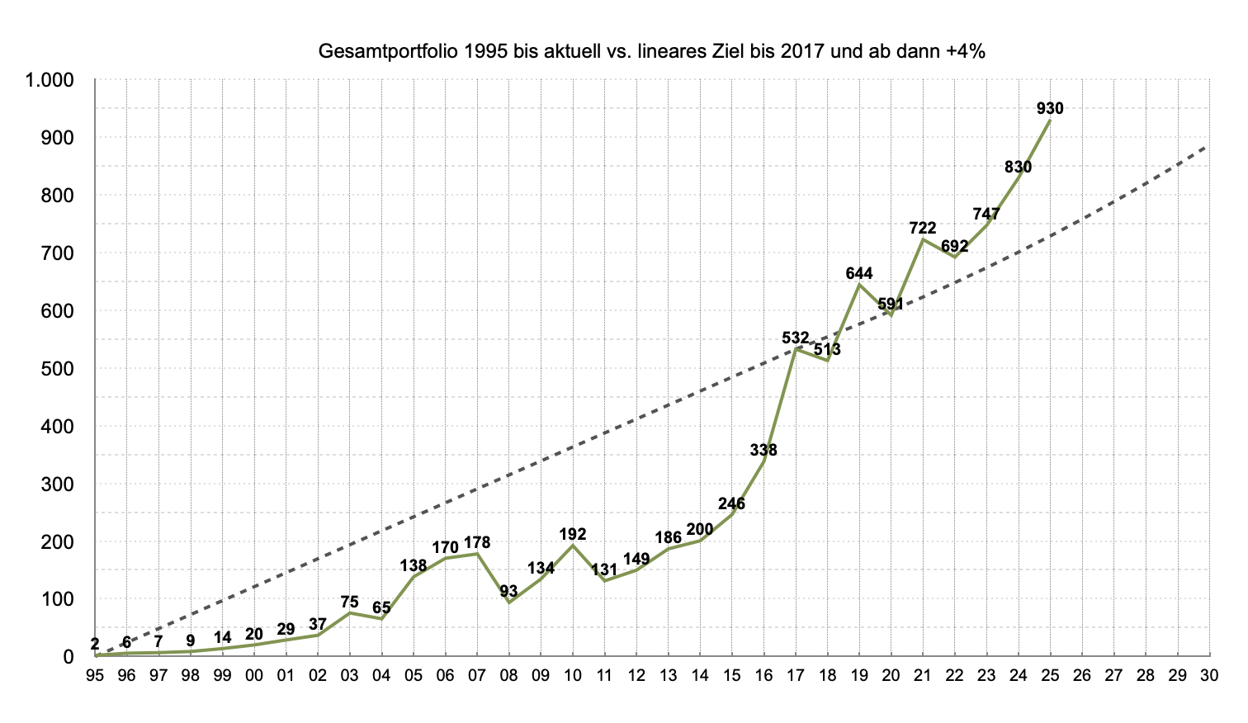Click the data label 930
pyautogui.click(x=1050, y=108)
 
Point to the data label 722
pyautogui.click(x=922, y=228)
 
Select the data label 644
pyautogui.click(x=858, y=273)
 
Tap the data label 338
pyautogui.click(x=763, y=450)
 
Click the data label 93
pyautogui.click(x=508, y=591)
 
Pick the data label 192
pyautogui.click(x=573, y=534)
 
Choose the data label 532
pyautogui.click(x=796, y=338)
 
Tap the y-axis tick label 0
pyautogui.click(x=69, y=657)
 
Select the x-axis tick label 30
pyautogui.click(x=1209, y=675)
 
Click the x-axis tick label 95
pyautogui.click(x=95, y=675)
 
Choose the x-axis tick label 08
pyautogui.click(x=509, y=675)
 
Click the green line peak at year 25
pyautogui.click(x=1050, y=120)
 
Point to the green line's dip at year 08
pyautogui.click(x=509, y=602)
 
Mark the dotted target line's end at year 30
pyautogui.click(x=1209, y=145)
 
